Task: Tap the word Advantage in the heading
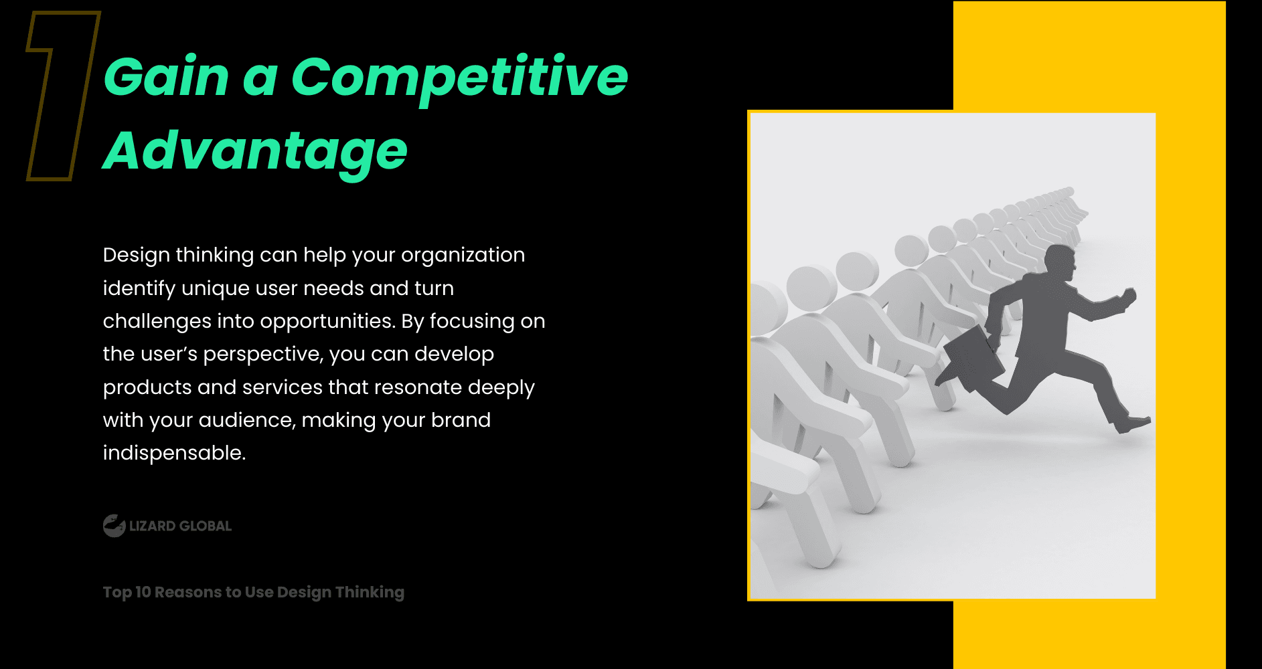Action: click(x=255, y=153)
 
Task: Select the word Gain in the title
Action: click(x=167, y=76)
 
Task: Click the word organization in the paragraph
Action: click(x=463, y=256)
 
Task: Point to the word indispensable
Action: click(x=174, y=453)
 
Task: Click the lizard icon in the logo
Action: click(x=114, y=526)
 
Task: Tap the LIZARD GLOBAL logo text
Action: click(x=180, y=526)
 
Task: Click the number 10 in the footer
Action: click(x=143, y=592)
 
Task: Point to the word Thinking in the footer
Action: click(x=370, y=593)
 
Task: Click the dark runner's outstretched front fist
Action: click(x=1129, y=297)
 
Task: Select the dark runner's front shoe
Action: click(x=1132, y=424)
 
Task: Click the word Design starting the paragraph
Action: click(x=137, y=256)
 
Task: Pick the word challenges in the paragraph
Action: click(x=157, y=322)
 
